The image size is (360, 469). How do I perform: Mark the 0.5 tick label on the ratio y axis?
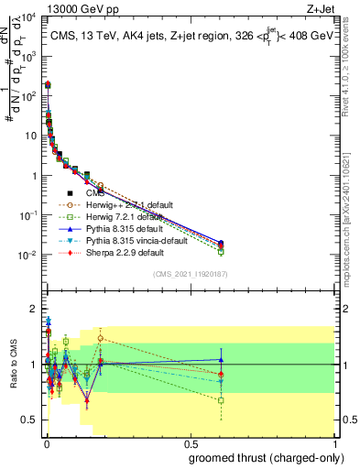pyautogui.click(x=30, y=420)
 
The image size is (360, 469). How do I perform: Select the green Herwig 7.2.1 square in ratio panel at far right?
pyautogui.click(x=221, y=400)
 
